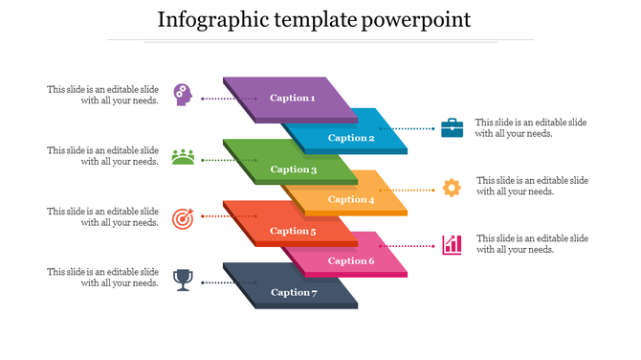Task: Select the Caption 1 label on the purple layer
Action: pyautogui.click(x=292, y=98)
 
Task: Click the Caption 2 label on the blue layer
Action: pyautogui.click(x=351, y=138)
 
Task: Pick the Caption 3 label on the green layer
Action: pyautogui.click(x=293, y=169)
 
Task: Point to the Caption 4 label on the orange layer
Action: pyautogui.click(x=351, y=199)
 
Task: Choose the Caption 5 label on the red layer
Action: pyautogui.click(x=293, y=231)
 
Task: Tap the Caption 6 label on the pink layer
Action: pyautogui.click(x=351, y=260)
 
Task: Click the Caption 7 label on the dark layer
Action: pyautogui.click(x=293, y=292)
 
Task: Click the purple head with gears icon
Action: pyautogui.click(x=183, y=94)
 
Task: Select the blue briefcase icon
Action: pyautogui.click(x=452, y=127)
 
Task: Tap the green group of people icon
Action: pyautogui.click(x=183, y=156)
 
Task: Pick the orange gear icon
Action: pyautogui.click(x=452, y=188)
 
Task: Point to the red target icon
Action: pyautogui.click(x=183, y=218)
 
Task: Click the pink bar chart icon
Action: pyautogui.click(x=452, y=244)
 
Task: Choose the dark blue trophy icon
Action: pyautogui.click(x=183, y=279)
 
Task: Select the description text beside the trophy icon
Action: pyautogui.click(x=103, y=278)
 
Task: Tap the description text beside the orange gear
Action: pyautogui.click(x=532, y=186)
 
